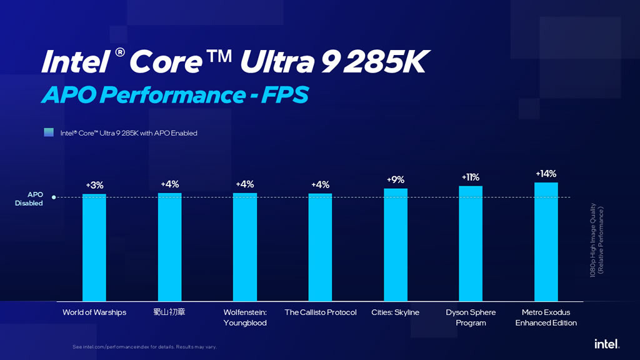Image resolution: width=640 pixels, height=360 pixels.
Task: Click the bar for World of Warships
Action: click(94, 247)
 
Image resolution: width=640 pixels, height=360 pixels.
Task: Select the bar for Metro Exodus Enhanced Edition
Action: click(546, 242)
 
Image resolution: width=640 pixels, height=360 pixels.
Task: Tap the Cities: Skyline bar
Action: click(396, 245)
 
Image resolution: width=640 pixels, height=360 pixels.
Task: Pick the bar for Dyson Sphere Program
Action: click(471, 244)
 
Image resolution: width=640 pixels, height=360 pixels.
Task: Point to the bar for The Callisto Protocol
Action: click(320, 247)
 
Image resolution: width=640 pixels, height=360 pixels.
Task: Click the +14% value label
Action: click(546, 174)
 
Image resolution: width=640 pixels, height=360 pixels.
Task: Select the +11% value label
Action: click(471, 177)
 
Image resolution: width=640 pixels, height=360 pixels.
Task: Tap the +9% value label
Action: click(396, 180)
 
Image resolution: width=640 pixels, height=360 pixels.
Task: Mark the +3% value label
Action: click(94, 186)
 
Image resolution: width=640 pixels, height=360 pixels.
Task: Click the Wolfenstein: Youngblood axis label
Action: click(245, 317)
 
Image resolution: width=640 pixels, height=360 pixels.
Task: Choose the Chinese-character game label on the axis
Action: click(169, 312)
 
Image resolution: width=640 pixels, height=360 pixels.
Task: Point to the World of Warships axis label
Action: click(94, 312)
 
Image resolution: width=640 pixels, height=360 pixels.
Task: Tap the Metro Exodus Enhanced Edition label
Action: click(546, 317)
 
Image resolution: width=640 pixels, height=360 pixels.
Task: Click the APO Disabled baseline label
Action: click(29, 199)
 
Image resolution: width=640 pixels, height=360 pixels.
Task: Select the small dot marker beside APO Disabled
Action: click(54, 197)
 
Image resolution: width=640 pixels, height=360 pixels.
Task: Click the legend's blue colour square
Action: click(49, 132)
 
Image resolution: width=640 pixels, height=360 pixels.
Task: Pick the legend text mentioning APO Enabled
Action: click(129, 133)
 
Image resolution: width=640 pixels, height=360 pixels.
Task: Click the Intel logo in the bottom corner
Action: click(606, 344)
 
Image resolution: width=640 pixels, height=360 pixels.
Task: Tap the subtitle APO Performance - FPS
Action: click(174, 95)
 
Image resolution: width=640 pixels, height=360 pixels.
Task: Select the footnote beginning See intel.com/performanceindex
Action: click(144, 347)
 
